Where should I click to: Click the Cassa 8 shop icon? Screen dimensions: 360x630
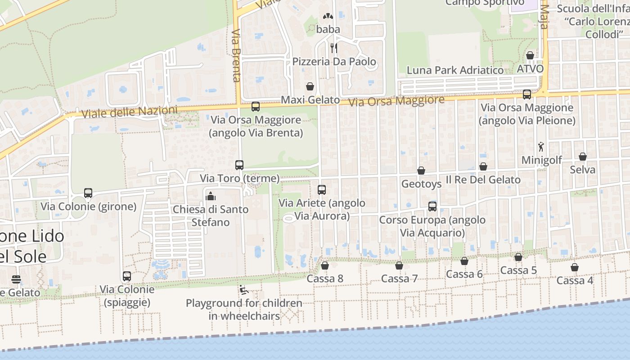pos(324,265)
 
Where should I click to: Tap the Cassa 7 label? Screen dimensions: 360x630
pos(399,279)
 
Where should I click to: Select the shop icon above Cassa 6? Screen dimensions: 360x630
pos(464,261)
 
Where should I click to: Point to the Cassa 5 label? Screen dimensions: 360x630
pos(518,270)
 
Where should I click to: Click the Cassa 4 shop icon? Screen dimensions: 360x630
pos(575,267)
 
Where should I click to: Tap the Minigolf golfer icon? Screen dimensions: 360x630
pos(541,147)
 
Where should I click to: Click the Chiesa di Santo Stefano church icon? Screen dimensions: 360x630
pos(211,196)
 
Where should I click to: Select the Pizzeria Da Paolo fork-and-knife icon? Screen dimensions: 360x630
pos(333,48)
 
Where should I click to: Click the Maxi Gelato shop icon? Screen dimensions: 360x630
pos(310,86)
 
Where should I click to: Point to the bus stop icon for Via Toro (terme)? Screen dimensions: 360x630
pos(239,165)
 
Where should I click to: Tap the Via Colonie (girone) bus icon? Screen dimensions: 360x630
pos(88,193)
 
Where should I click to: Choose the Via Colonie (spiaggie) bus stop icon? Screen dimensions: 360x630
pos(127,276)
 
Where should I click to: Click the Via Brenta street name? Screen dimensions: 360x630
pos(236,56)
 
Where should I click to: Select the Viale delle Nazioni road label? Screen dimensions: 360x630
pos(129,112)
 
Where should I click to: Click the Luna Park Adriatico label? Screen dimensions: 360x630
pos(455,70)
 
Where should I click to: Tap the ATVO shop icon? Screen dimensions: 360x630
pos(530,55)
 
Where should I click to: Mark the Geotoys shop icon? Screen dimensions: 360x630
pos(421,171)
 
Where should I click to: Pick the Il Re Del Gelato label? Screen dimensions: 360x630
pos(483,180)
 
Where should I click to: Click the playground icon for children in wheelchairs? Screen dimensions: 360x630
pos(243,290)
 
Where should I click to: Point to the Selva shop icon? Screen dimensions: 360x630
pos(583,157)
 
